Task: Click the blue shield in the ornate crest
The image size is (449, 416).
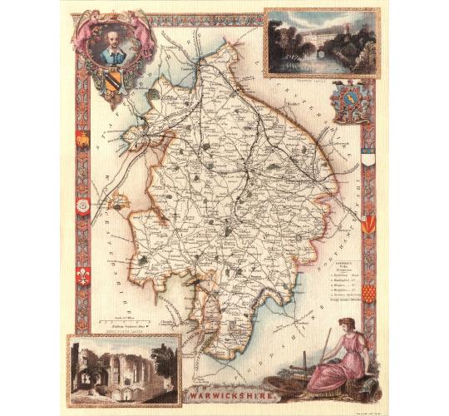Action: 347,101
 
